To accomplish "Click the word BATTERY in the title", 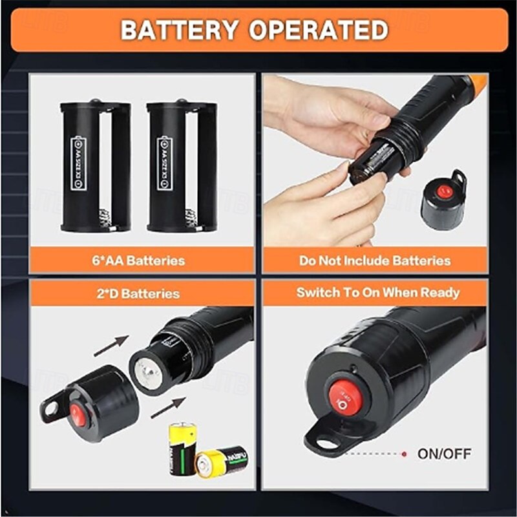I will [x=180, y=30].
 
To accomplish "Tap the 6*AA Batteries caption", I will [x=138, y=261].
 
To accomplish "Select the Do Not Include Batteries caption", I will [x=375, y=261].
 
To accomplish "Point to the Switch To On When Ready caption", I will [x=378, y=292].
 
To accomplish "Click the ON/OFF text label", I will [x=444, y=453].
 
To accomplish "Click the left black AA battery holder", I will [x=95, y=166].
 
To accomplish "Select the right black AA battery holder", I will [x=182, y=166].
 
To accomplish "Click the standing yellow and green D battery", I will [x=183, y=447].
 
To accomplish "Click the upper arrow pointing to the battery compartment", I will [x=111, y=346].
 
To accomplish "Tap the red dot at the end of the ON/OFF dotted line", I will [x=405, y=454].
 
